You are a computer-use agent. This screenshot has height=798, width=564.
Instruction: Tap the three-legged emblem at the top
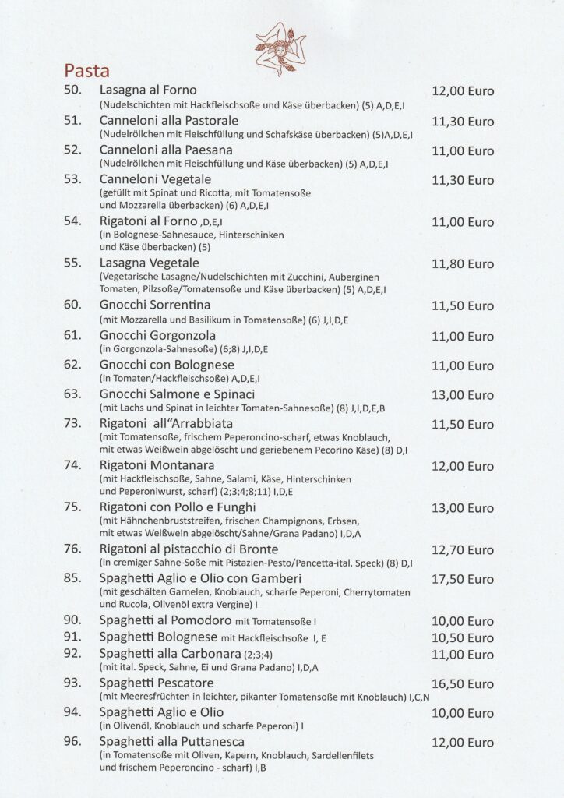pos(280,48)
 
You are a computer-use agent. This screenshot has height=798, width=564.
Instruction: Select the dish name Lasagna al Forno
pos(148,90)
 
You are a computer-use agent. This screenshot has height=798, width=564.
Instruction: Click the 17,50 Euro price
pos(463,580)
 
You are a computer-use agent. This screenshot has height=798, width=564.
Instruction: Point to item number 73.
pos(72,423)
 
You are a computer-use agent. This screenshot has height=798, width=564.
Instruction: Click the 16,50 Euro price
pos(463,683)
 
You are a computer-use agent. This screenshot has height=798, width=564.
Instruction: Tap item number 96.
pos(72,741)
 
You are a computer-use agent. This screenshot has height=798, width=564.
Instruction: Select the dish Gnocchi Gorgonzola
pos(157,335)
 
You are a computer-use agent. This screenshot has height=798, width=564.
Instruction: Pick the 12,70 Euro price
pos(463,551)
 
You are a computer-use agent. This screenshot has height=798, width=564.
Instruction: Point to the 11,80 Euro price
pos(463,263)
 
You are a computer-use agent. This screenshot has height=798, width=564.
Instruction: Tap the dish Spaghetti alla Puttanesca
pos(172,741)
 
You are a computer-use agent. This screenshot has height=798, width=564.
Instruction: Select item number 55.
pos(72,263)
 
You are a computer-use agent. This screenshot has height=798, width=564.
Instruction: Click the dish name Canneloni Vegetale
pos(155,179)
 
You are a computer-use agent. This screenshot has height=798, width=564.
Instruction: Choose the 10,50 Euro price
pos(463,638)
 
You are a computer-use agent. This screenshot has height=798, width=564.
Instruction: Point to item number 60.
pos(72,305)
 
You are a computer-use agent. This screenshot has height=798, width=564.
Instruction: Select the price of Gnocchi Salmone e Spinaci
pos(463,395)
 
